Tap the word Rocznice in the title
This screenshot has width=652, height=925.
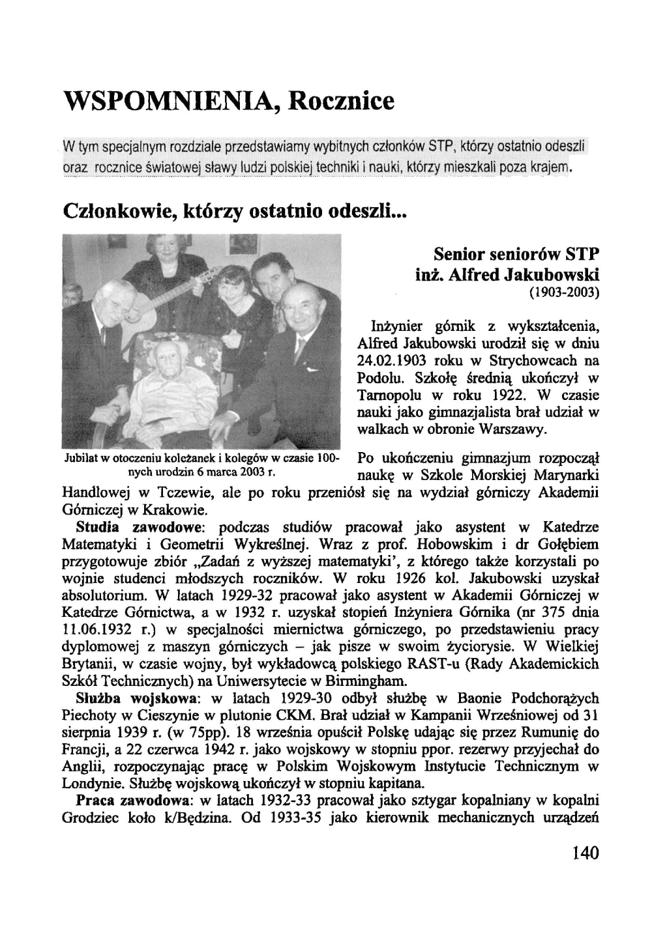point(342,102)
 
